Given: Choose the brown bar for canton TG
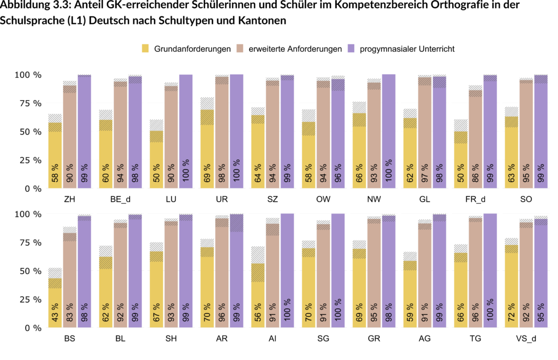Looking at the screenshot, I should [x=475, y=272].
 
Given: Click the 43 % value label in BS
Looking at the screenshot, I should [x=55, y=311].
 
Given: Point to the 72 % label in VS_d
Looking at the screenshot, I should [x=512, y=311].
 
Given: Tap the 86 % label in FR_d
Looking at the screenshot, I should [x=475, y=172].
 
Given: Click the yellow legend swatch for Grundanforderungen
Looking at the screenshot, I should [x=145, y=49].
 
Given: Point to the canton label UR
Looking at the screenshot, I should [x=222, y=199].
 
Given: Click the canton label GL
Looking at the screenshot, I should [x=425, y=199].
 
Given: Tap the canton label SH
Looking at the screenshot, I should [x=171, y=339].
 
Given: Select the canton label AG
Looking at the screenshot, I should [x=425, y=339].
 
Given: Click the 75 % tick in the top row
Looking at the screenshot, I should [x=29, y=103].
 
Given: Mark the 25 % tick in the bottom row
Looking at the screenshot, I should [x=29, y=300].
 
